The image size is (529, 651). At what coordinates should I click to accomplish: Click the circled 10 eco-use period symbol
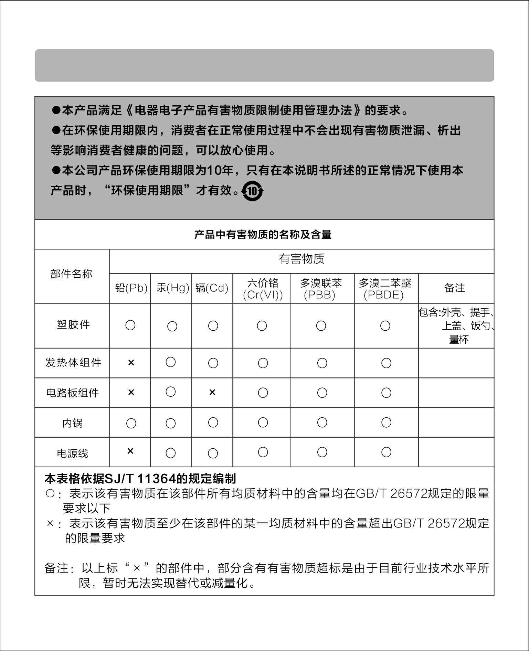tap(253, 191)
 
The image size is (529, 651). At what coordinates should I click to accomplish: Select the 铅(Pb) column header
tap(131, 288)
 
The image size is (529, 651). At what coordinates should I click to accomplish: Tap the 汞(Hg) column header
tap(172, 288)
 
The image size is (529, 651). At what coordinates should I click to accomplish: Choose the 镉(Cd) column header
tap(212, 288)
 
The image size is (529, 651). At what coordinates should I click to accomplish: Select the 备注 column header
tap(455, 288)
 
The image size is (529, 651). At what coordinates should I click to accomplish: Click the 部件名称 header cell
tap(71, 274)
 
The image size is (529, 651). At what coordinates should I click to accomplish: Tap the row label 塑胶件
tap(73, 324)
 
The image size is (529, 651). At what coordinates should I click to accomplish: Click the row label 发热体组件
tap(73, 363)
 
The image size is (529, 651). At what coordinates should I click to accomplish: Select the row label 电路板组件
tap(73, 393)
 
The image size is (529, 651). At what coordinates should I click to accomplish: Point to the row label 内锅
tap(73, 423)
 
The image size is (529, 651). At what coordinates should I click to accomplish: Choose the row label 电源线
tap(73, 453)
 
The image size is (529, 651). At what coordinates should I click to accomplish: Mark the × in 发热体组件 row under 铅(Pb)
tap(131, 363)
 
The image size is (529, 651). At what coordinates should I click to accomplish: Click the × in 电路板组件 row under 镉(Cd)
tap(212, 392)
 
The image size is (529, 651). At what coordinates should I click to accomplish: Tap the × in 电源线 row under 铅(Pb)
tap(130, 451)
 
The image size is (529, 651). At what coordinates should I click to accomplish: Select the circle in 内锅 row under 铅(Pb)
tap(131, 423)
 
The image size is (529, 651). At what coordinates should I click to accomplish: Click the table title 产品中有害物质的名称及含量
tap(263, 235)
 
